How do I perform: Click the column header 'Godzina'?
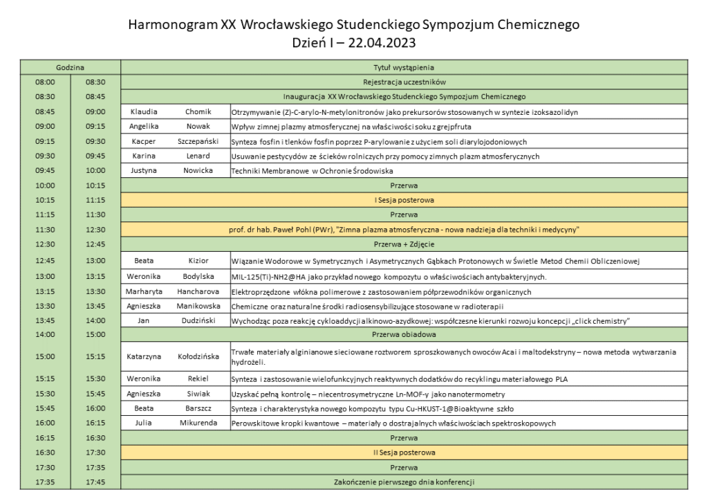click(x=70, y=68)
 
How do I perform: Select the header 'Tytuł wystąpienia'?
click(x=404, y=68)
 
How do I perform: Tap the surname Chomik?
click(x=198, y=111)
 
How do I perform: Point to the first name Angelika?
click(x=144, y=127)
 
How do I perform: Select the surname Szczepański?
click(x=198, y=141)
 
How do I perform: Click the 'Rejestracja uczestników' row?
click(x=404, y=82)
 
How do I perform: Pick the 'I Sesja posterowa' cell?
click(x=404, y=200)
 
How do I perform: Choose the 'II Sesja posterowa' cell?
click(x=404, y=453)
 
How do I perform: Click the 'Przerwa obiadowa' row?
click(x=404, y=335)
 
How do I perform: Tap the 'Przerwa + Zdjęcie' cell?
click(x=404, y=244)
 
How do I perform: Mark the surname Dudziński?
click(x=198, y=320)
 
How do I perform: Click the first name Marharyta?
click(x=144, y=291)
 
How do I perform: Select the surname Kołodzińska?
click(x=198, y=357)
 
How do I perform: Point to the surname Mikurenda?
click(x=198, y=423)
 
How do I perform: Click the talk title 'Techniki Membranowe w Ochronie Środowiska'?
click(x=313, y=171)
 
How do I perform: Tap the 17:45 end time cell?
click(x=95, y=482)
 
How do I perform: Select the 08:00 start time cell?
click(x=45, y=82)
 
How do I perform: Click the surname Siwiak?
click(x=198, y=394)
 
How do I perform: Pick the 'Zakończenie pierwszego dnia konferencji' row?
click(x=404, y=482)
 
